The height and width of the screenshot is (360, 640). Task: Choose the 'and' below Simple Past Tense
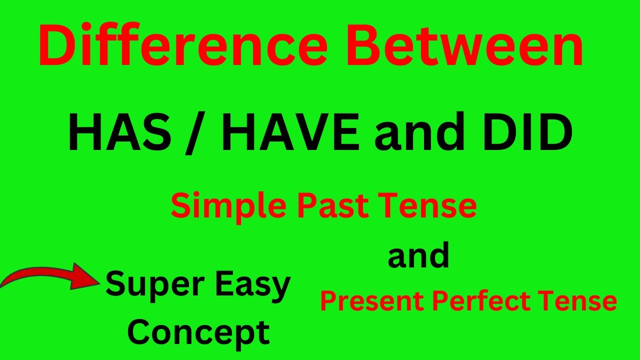pos(419,256)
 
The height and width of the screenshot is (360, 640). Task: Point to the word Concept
pos(198,332)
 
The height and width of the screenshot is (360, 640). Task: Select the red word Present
pos(373,301)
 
